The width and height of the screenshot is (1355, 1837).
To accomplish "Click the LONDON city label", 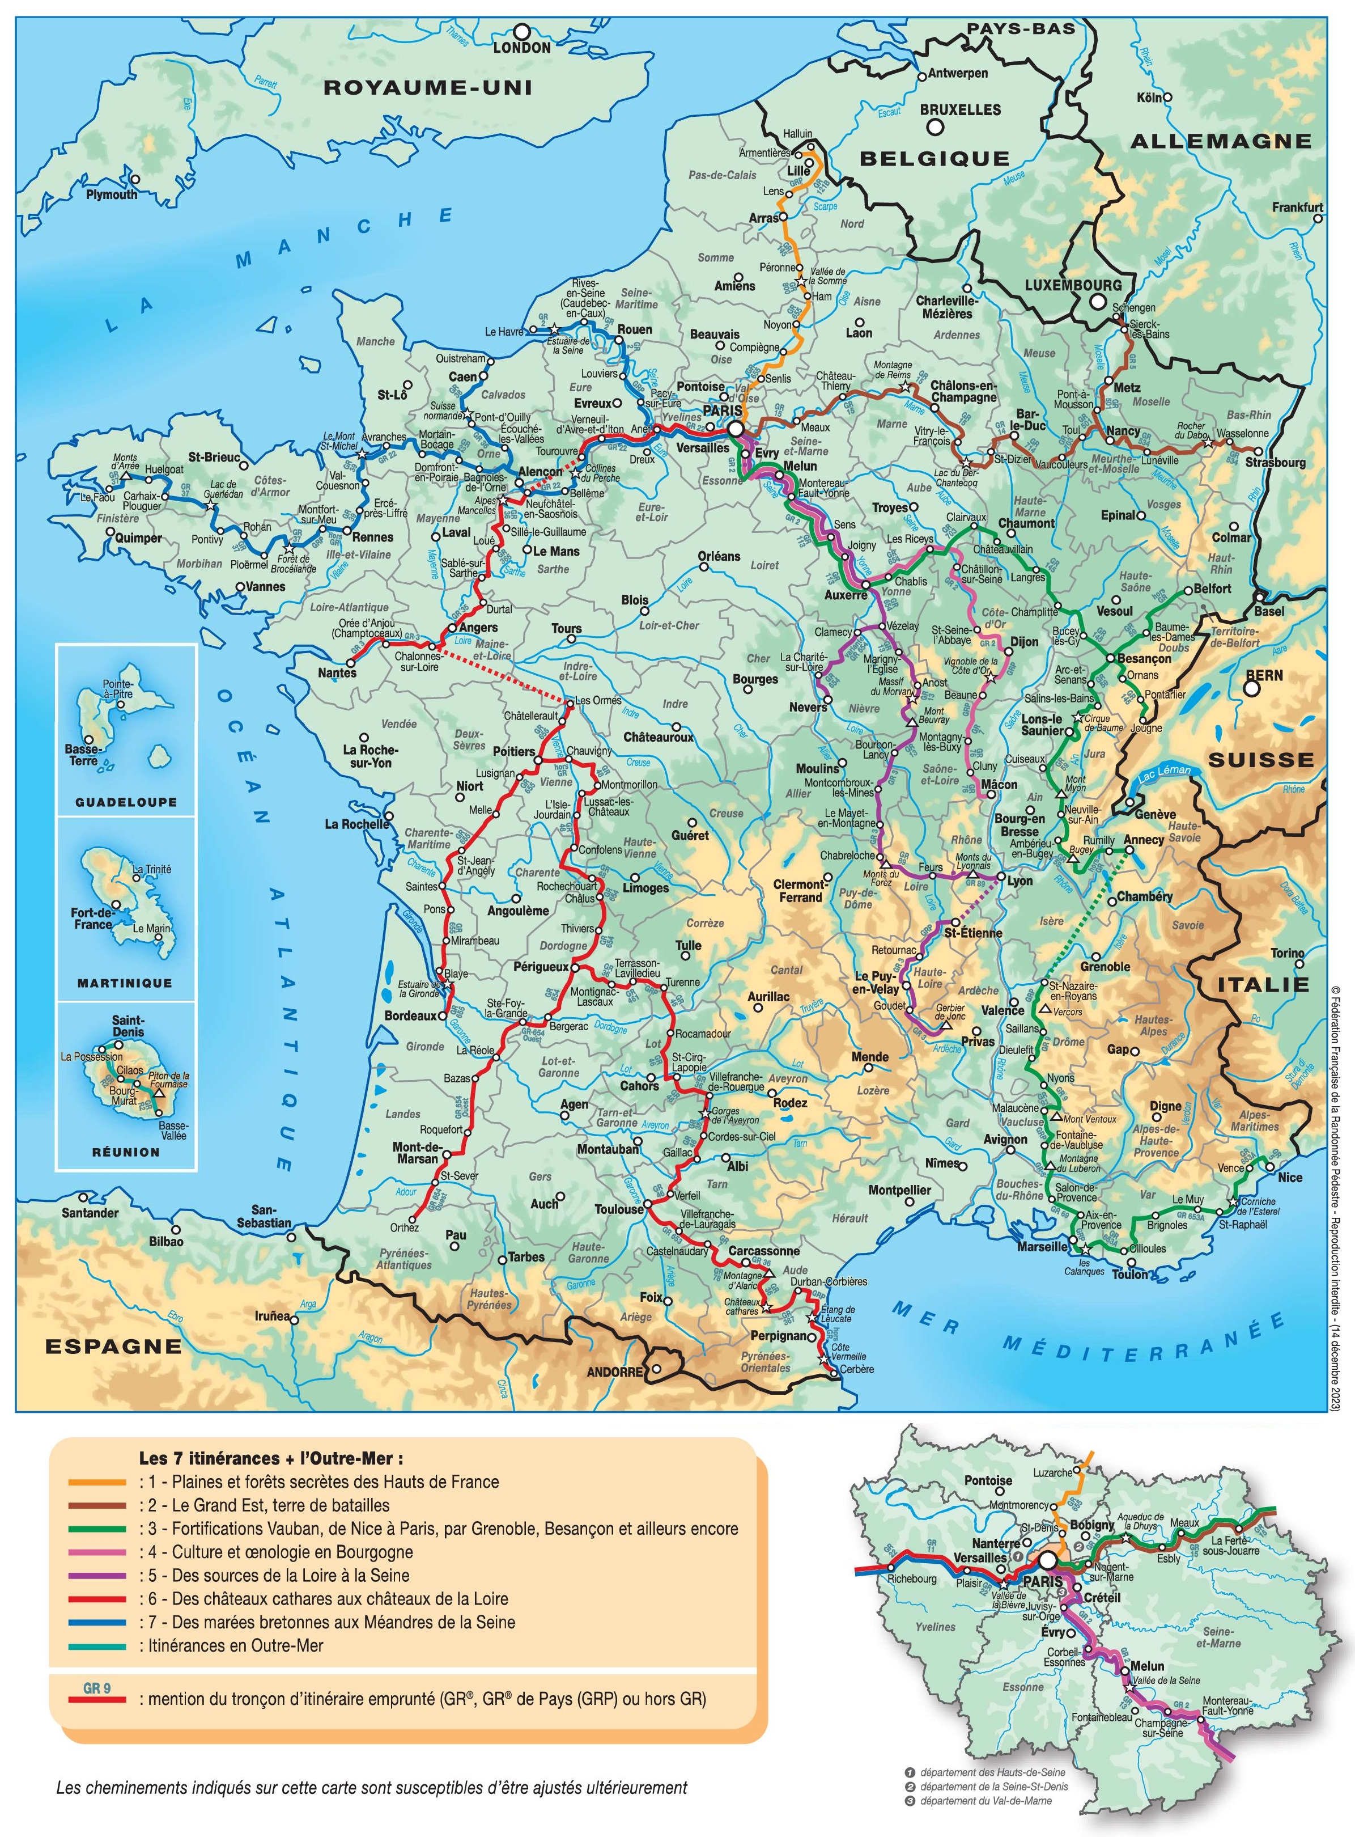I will click(x=522, y=48).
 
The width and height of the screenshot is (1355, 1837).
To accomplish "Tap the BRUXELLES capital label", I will click(x=959, y=109).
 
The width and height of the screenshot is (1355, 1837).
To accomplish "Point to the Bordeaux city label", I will click(x=410, y=1015).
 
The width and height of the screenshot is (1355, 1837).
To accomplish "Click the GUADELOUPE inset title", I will click(x=126, y=802).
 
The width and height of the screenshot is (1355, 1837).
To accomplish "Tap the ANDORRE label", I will click(x=614, y=1372).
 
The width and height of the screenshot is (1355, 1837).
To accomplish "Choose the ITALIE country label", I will click(x=1264, y=984).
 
